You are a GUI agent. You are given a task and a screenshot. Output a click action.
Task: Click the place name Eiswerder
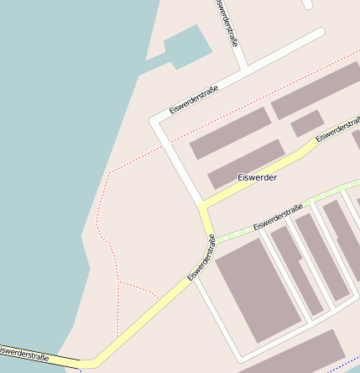(257, 177)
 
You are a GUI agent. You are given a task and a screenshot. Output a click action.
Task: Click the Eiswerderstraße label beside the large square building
(201, 258)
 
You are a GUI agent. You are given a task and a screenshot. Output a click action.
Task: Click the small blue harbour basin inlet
(185, 45)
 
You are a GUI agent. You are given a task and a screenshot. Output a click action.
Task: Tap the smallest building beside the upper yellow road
(306, 123)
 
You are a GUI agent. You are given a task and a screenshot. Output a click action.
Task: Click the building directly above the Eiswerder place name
(246, 164)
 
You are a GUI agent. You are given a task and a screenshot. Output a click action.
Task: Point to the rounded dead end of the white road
(319, 34)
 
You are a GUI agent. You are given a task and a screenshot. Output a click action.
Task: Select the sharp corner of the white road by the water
(154, 121)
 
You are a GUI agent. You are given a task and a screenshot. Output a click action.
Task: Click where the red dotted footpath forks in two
(118, 281)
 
